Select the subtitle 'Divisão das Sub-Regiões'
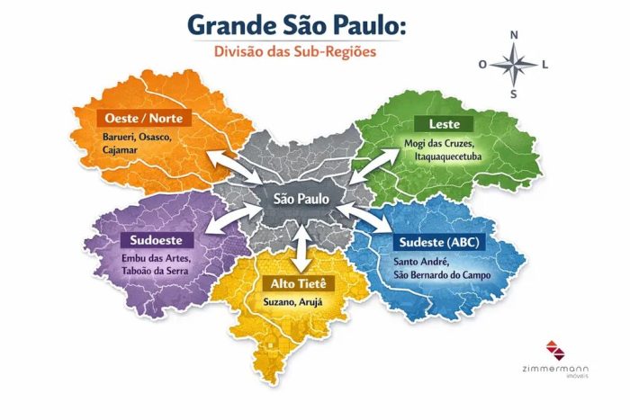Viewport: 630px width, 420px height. click(x=295, y=51)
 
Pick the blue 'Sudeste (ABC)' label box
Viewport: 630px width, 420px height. click(x=436, y=242)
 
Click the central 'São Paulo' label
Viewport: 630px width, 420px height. click(x=300, y=197)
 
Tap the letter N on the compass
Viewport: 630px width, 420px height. click(x=514, y=36)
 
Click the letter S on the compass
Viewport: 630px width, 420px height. click(x=514, y=94)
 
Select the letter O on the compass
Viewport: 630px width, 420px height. click(x=482, y=65)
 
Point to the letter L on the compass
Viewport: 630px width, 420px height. click(x=545, y=65)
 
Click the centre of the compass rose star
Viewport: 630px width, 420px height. click(x=514, y=65)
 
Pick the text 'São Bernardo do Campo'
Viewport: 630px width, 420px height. click(x=442, y=274)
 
